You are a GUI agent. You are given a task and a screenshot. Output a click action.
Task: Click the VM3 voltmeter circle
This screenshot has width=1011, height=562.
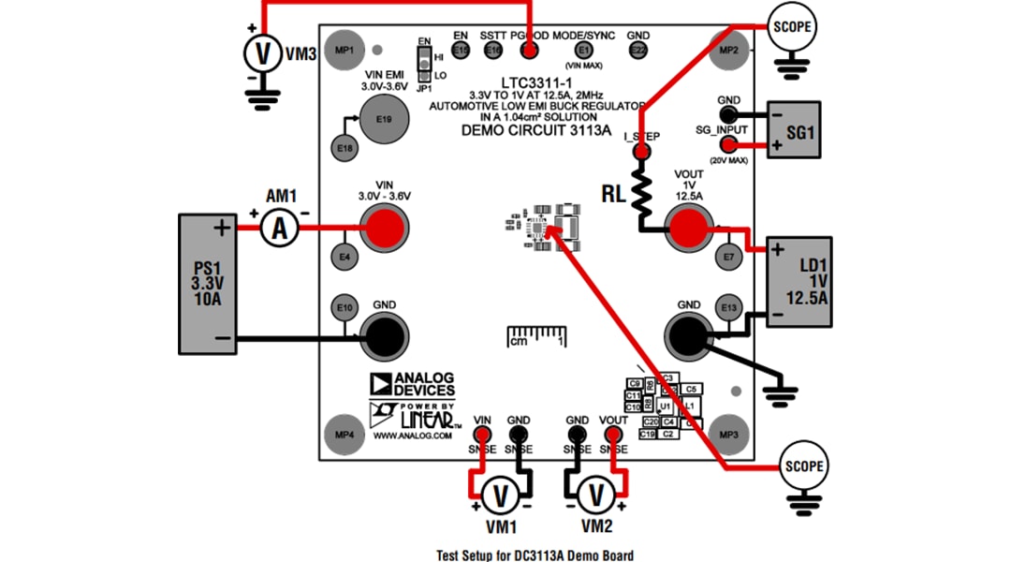pos(263,54)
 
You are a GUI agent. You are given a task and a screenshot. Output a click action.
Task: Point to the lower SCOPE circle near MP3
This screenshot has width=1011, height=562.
pos(805,466)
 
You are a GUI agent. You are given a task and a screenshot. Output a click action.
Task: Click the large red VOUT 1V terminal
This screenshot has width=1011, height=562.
pos(689,227)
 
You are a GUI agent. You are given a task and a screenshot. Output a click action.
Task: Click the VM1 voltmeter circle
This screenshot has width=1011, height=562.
pos(500,495)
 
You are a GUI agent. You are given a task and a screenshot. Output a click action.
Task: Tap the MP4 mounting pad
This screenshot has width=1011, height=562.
pos(344,435)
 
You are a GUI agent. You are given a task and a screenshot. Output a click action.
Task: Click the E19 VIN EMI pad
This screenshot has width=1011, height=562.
pos(383,120)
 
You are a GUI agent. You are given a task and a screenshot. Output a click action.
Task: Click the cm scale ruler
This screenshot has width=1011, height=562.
pos(537,336)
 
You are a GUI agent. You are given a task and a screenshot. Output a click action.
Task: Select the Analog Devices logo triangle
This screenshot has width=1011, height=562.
pos(380,383)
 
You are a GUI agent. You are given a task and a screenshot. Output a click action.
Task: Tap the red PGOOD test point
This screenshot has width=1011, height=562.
pos(529,50)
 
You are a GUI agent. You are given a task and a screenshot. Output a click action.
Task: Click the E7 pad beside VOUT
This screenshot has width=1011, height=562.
pos(728,256)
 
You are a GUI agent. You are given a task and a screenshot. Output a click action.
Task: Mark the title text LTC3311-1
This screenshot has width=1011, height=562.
pos(529,83)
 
